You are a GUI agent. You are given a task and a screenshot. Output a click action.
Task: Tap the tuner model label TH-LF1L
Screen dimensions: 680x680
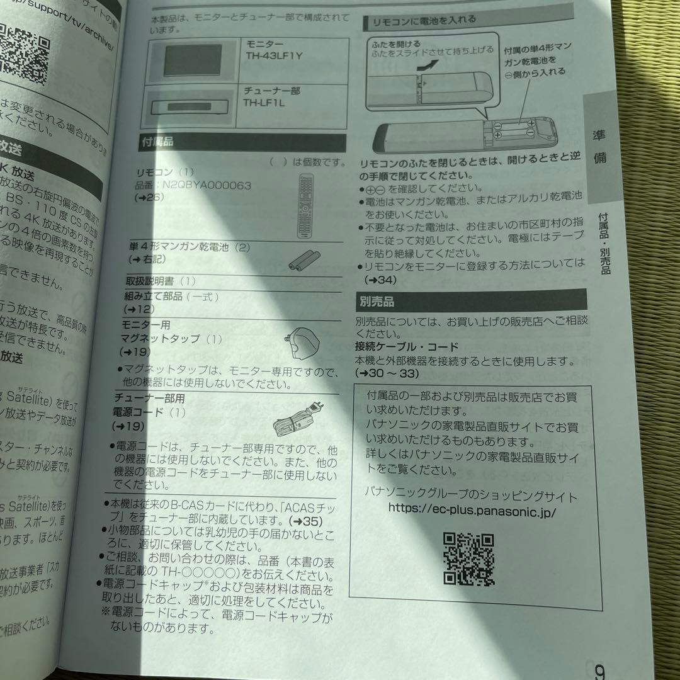[264, 103]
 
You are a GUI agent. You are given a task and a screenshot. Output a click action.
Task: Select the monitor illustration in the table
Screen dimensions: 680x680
[194, 60]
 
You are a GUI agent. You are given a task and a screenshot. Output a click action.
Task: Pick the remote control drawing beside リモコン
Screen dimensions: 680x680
[306, 207]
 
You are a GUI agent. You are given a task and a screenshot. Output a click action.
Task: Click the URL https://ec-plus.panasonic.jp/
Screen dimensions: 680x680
[472, 510]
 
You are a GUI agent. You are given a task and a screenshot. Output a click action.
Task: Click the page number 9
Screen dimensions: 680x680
[598, 669]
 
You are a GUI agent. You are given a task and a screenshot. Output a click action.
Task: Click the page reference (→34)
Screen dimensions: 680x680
[380, 279]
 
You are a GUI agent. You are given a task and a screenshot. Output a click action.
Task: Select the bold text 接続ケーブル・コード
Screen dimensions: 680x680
[406, 347]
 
